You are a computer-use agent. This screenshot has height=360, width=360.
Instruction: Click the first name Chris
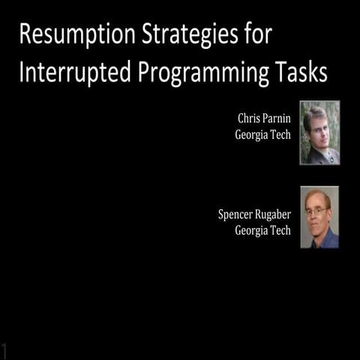250,119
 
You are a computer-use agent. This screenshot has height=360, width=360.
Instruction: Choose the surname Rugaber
274,214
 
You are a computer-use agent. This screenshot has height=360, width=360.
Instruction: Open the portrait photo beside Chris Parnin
319,133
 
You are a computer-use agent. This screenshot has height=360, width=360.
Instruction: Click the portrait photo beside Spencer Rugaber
319,217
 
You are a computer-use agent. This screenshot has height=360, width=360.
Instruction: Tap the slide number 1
5,350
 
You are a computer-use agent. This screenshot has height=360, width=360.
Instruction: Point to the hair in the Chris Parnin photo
317,112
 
